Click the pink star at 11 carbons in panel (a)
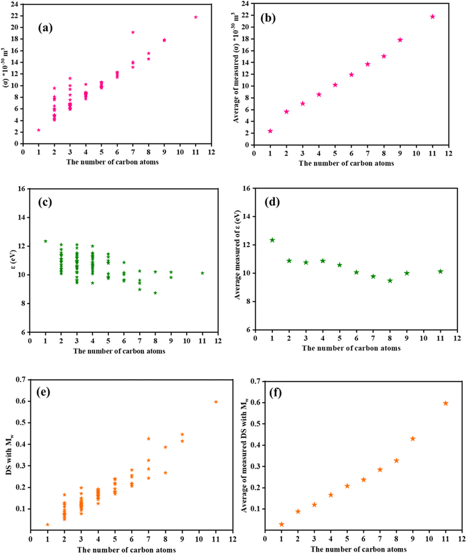coord(196,17)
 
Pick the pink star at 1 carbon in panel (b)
coord(270,131)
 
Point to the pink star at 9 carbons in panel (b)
coord(400,40)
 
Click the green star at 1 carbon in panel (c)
coord(45,241)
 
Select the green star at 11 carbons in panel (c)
coord(202,273)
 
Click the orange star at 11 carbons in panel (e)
coord(216,402)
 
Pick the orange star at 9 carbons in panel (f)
coord(413,439)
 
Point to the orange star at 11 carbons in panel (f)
coord(446,403)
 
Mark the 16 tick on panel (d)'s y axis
coord(246,189)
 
